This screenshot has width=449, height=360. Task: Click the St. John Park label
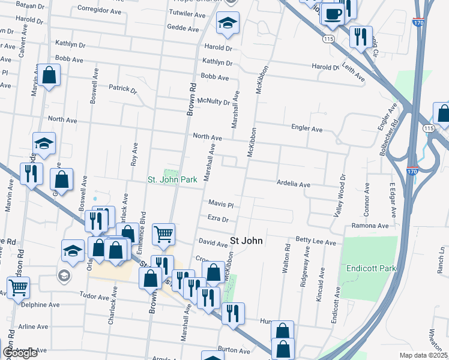[x=173, y=179]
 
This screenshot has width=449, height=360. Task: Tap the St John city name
[x=246, y=241]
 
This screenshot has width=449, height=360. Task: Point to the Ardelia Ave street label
[x=293, y=184]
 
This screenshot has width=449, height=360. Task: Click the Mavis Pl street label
[x=220, y=204]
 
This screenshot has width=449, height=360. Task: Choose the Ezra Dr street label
[x=218, y=218]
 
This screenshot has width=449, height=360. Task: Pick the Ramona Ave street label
[x=372, y=226]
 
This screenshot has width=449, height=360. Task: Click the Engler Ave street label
[x=307, y=129]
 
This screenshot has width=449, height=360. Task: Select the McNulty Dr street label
[x=214, y=101]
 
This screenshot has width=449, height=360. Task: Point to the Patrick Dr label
[x=123, y=89]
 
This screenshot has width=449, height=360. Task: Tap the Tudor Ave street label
[x=94, y=295]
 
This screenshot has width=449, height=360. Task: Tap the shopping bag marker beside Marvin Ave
[x=50, y=76]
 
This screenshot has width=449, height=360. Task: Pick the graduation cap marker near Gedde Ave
[x=227, y=24]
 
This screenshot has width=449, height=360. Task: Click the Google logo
[x=20, y=353]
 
